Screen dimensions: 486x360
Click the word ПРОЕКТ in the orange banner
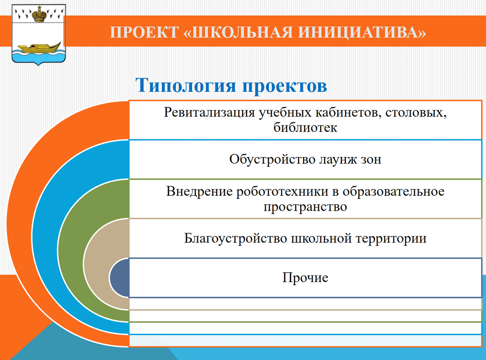(144, 32)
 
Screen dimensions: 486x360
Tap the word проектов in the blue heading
(285, 86)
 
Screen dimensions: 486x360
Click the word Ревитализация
(209, 112)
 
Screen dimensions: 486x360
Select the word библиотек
(305, 127)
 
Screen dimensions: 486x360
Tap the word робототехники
(282, 192)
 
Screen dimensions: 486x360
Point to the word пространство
(305, 207)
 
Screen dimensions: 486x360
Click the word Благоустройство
(235, 238)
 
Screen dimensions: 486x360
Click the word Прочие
(305, 278)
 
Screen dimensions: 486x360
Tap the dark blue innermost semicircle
(119, 278)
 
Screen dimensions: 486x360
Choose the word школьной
(321, 238)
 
